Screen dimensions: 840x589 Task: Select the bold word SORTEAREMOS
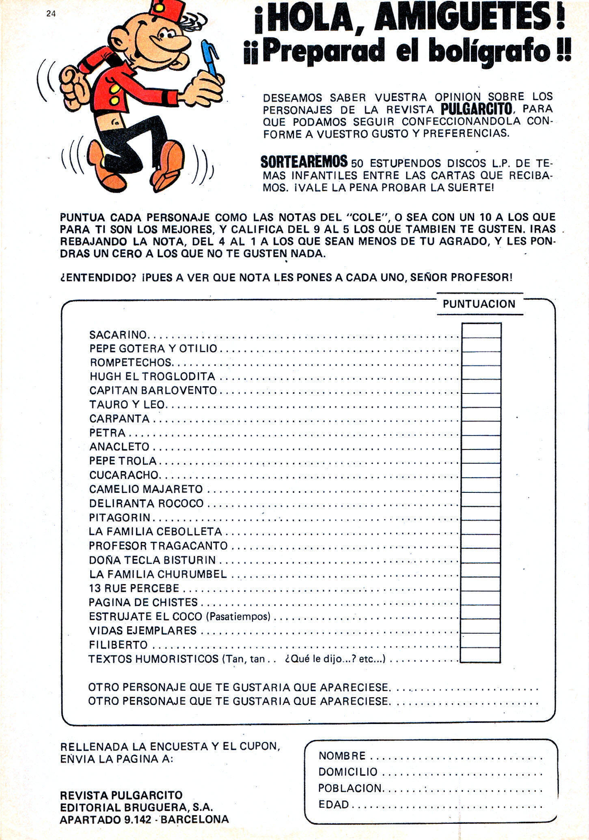click(304, 162)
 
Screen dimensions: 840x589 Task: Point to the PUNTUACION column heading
click(479, 304)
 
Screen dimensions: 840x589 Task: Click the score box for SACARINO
click(481, 331)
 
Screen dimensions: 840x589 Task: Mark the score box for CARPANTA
click(481, 415)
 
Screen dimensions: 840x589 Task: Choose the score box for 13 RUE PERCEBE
click(481, 584)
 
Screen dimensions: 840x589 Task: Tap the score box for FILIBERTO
click(481, 641)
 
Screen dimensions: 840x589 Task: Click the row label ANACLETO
click(119, 447)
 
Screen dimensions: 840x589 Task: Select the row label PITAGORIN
click(120, 518)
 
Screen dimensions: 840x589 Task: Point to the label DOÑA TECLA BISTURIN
click(153, 560)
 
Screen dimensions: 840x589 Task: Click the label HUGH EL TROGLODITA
click(152, 376)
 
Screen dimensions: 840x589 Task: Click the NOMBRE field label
click(342, 756)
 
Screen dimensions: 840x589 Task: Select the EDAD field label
click(334, 804)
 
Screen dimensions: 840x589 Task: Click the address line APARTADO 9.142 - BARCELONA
click(144, 819)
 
